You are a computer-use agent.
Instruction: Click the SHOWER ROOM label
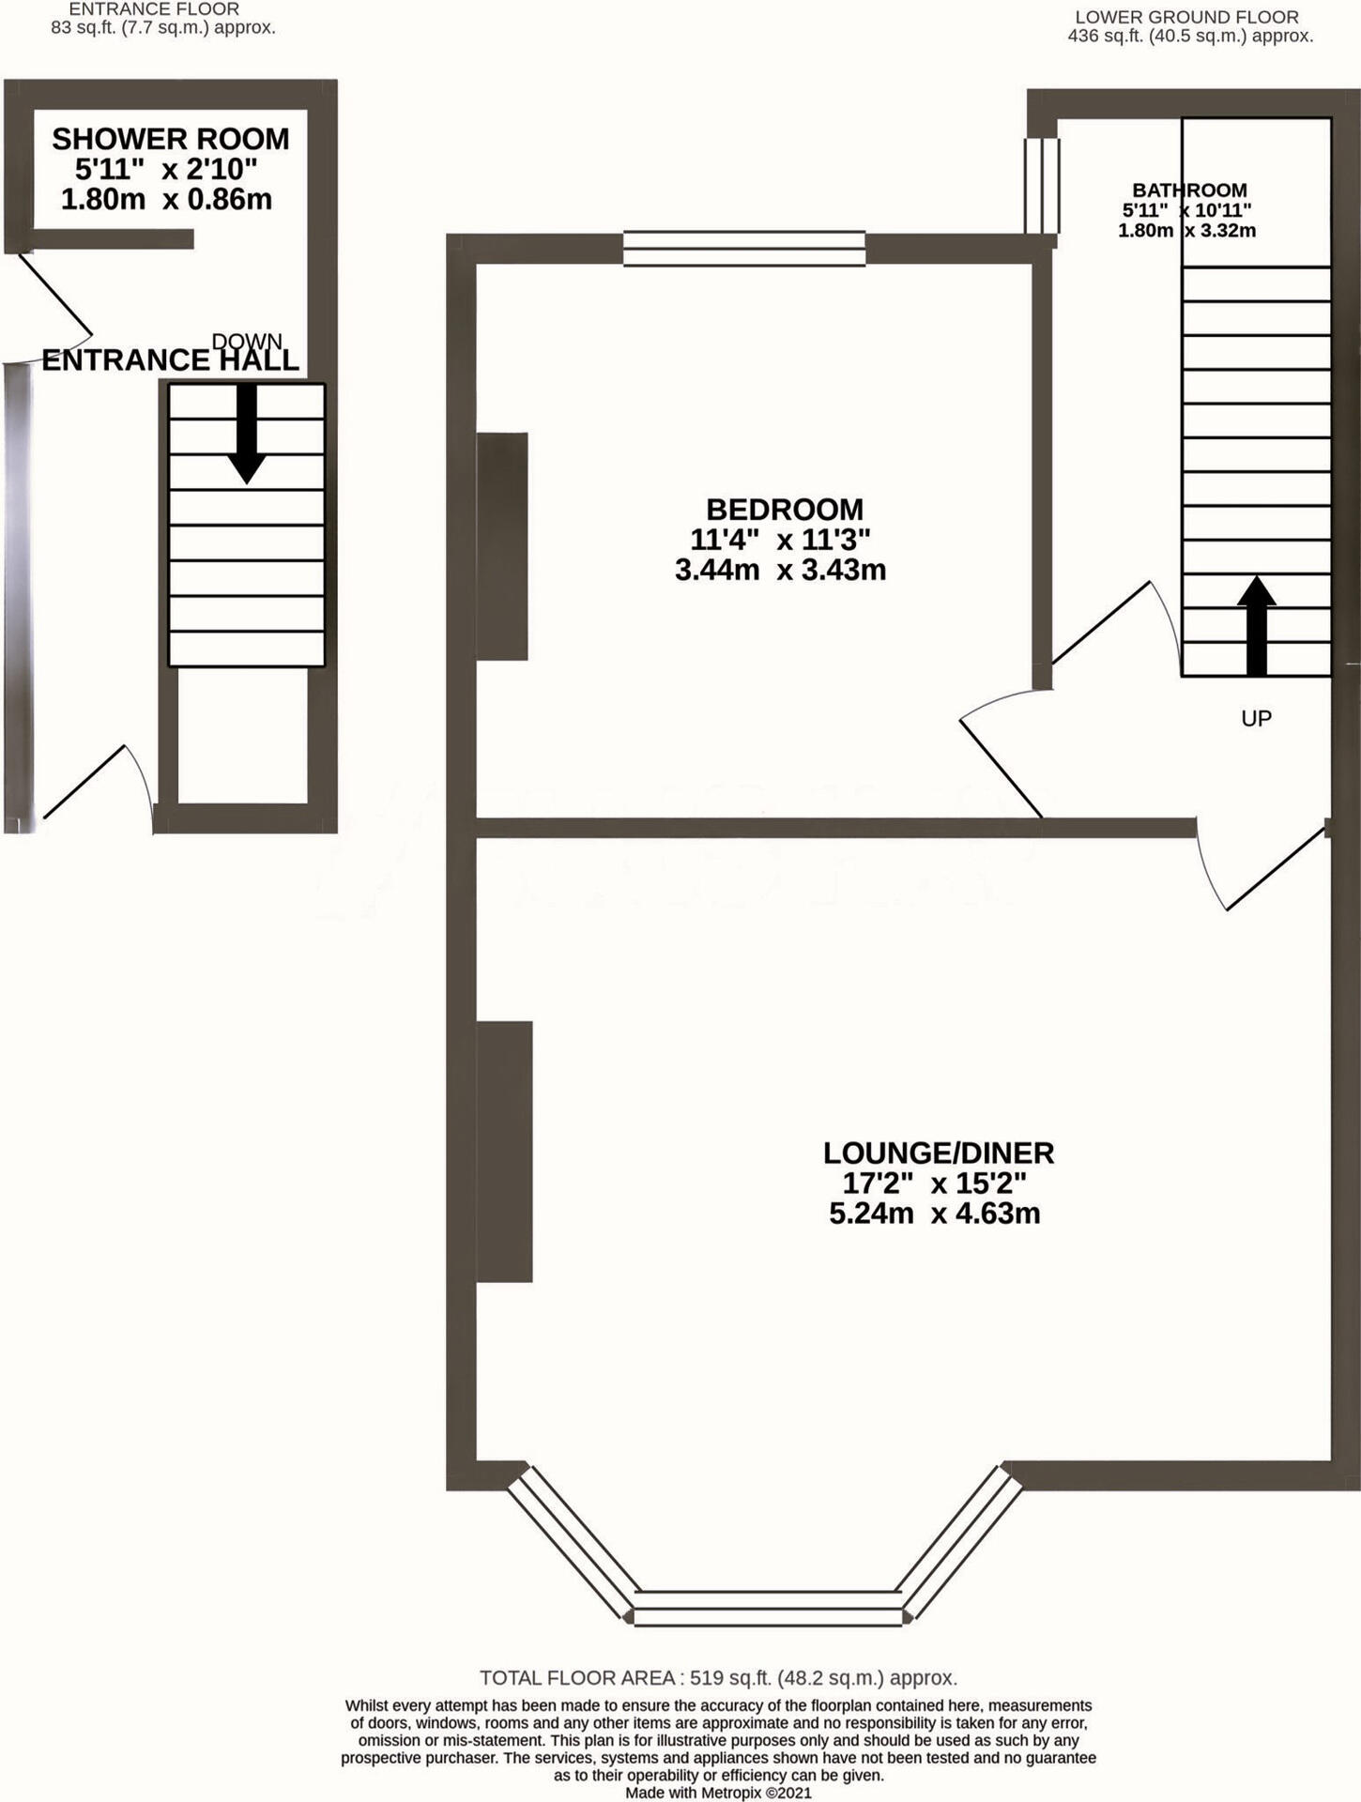click(170, 139)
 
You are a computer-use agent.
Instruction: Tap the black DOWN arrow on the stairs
click(247, 434)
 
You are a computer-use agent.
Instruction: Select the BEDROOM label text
click(785, 510)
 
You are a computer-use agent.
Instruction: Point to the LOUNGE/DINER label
click(939, 1153)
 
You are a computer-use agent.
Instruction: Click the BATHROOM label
click(1189, 191)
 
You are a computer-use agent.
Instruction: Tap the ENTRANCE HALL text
click(170, 360)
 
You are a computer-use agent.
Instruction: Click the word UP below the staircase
click(1256, 719)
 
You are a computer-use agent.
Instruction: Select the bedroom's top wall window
click(744, 249)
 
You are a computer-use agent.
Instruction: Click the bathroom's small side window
click(1041, 186)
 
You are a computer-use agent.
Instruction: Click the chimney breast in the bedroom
click(502, 546)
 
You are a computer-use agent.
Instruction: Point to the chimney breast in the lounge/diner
click(505, 1152)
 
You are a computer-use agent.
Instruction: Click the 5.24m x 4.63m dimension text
click(935, 1214)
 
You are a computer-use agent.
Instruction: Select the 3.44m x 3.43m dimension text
click(780, 570)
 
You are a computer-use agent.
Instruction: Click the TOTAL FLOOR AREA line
click(718, 1678)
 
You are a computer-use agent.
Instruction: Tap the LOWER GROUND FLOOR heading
click(1187, 17)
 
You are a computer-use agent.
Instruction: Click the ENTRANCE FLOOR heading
click(154, 8)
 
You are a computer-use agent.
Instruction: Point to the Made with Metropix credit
click(718, 1793)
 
